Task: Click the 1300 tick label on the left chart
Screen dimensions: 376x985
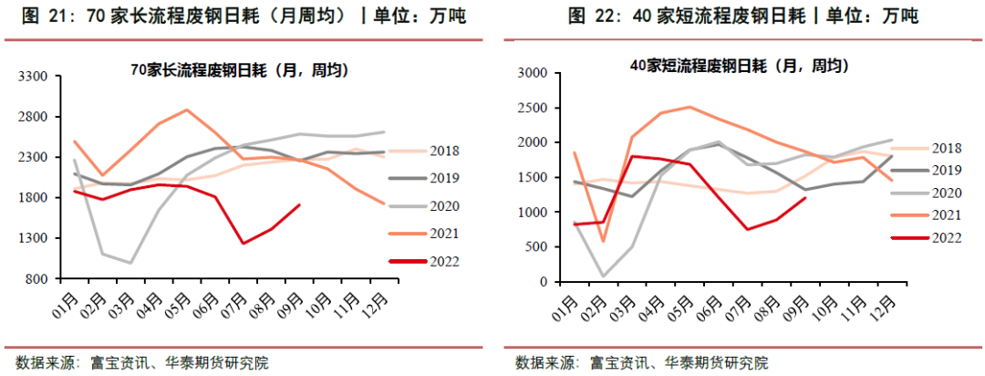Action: click(x=35, y=238)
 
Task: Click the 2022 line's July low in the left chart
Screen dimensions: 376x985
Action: click(x=244, y=243)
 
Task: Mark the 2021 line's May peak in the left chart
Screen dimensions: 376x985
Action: click(x=187, y=110)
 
